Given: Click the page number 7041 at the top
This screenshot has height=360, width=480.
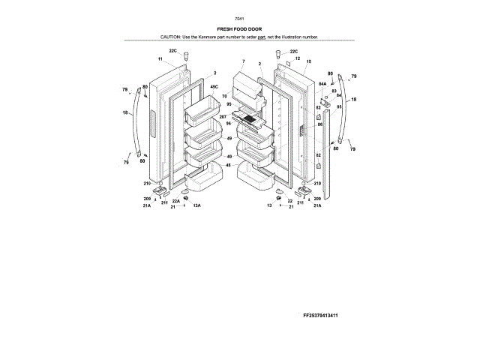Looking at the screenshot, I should pyautogui.click(x=239, y=18).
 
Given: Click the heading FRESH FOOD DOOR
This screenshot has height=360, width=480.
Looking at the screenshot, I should pyautogui.click(x=239, y=28).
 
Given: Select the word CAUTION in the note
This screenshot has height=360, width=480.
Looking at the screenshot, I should pyautogui.click(x=170, y=37).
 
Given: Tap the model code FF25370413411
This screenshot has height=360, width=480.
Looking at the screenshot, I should pyautogui.click(x=325, y=316).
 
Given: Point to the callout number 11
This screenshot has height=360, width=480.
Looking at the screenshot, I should pyautogui.click(x=160, y=58).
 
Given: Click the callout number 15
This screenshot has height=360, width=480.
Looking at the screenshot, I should pyautogui.click(x=308, y=60).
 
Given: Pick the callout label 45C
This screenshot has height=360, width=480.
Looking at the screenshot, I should pyautogui.click(x=214, y=87).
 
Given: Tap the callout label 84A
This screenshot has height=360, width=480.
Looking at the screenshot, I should pyautogui.click(x=322, y=85).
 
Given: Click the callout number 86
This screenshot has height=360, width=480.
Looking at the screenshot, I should pyautogui.click(x=319, y=124).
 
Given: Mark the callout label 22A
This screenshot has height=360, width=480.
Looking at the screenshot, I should pyautogui.click(x=175, y=201).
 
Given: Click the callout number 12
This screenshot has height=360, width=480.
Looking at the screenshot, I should pyautogui.click(x=297, y=58).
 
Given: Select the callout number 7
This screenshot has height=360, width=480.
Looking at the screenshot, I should pyautogui.click(x=244, y=60).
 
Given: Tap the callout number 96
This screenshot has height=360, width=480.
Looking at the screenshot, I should pyautogui.click(x=228, y=124).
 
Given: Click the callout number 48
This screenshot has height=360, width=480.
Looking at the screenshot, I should pyautogui.click(x=228, y=166).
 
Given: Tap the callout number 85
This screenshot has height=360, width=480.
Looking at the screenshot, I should pyautogui.click(x=339, y=106).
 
